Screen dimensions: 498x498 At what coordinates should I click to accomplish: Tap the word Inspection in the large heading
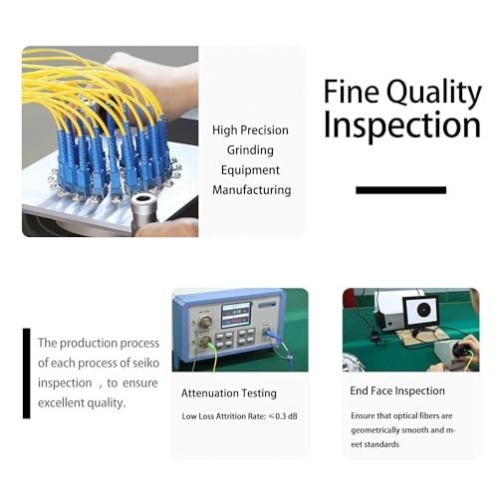click(402, 125)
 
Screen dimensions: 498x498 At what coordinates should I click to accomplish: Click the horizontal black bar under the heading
click(400, 190)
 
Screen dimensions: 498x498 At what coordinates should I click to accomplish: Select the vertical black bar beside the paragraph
click(27, 373)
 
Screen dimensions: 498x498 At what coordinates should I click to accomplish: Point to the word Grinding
click(250, 150)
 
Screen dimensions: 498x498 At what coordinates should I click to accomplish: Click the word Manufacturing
click(252, 190)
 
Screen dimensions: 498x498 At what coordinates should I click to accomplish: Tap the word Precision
click(264, 129)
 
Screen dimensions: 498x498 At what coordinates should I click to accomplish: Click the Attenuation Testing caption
click(229, 393)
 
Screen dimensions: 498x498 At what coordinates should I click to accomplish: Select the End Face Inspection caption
click(397, 391)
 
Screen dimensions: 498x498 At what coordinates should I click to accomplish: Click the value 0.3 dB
click(287, 416)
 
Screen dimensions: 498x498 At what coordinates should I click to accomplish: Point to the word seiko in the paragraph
click(145, 363)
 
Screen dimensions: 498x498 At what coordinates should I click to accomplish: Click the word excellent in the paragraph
click(61, 402)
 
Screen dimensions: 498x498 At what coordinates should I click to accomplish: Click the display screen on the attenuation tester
click(236, 315)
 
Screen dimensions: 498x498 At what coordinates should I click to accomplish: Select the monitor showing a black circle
click(421, 311)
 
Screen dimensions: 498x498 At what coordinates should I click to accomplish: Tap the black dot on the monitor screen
click(422, 310)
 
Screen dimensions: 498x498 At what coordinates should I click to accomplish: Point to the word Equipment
click(250, 170)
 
